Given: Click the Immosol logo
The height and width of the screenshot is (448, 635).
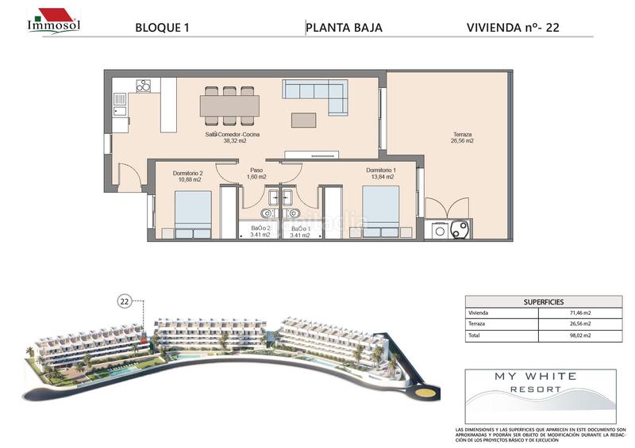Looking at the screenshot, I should (53, 20).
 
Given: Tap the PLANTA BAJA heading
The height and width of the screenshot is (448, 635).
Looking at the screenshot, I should (344, 28).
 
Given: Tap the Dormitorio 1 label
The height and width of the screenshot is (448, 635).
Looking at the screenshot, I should (381, 174).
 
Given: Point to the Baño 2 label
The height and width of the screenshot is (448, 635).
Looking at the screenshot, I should (260, 232).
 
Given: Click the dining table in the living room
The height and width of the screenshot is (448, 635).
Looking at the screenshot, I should (229, 105).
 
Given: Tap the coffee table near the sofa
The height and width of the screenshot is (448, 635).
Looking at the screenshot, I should (302, 120).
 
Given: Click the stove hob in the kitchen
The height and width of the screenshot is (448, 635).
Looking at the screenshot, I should (144, 86).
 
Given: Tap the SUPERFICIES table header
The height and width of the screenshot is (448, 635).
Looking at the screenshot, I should (544, 302).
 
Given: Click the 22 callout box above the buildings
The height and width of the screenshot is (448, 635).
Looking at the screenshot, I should (125, 301).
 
